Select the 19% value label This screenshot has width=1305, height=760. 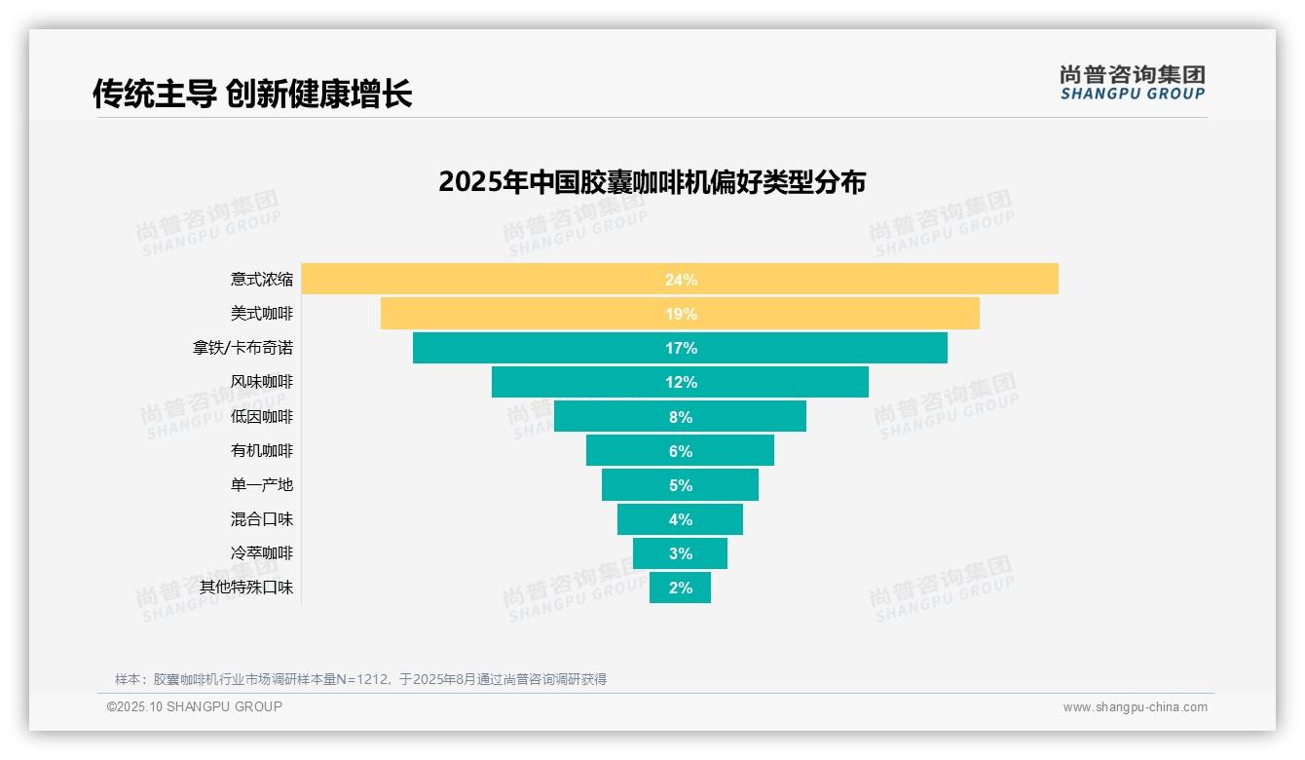681,314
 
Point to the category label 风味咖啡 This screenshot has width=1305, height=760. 261,382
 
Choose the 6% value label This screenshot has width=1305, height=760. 681,451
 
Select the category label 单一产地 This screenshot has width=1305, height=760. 261,485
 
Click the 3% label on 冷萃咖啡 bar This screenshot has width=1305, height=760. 681,553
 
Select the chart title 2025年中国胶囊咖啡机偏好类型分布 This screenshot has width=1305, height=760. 652,182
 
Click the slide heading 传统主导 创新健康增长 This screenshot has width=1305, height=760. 252,94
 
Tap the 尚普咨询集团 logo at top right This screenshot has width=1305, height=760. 1132,82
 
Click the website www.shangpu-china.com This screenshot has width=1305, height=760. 1135,707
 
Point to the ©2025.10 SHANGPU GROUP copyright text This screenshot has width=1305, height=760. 194,706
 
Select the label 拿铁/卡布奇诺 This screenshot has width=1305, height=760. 242,348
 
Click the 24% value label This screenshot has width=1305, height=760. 681,280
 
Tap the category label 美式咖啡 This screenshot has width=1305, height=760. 261,314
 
